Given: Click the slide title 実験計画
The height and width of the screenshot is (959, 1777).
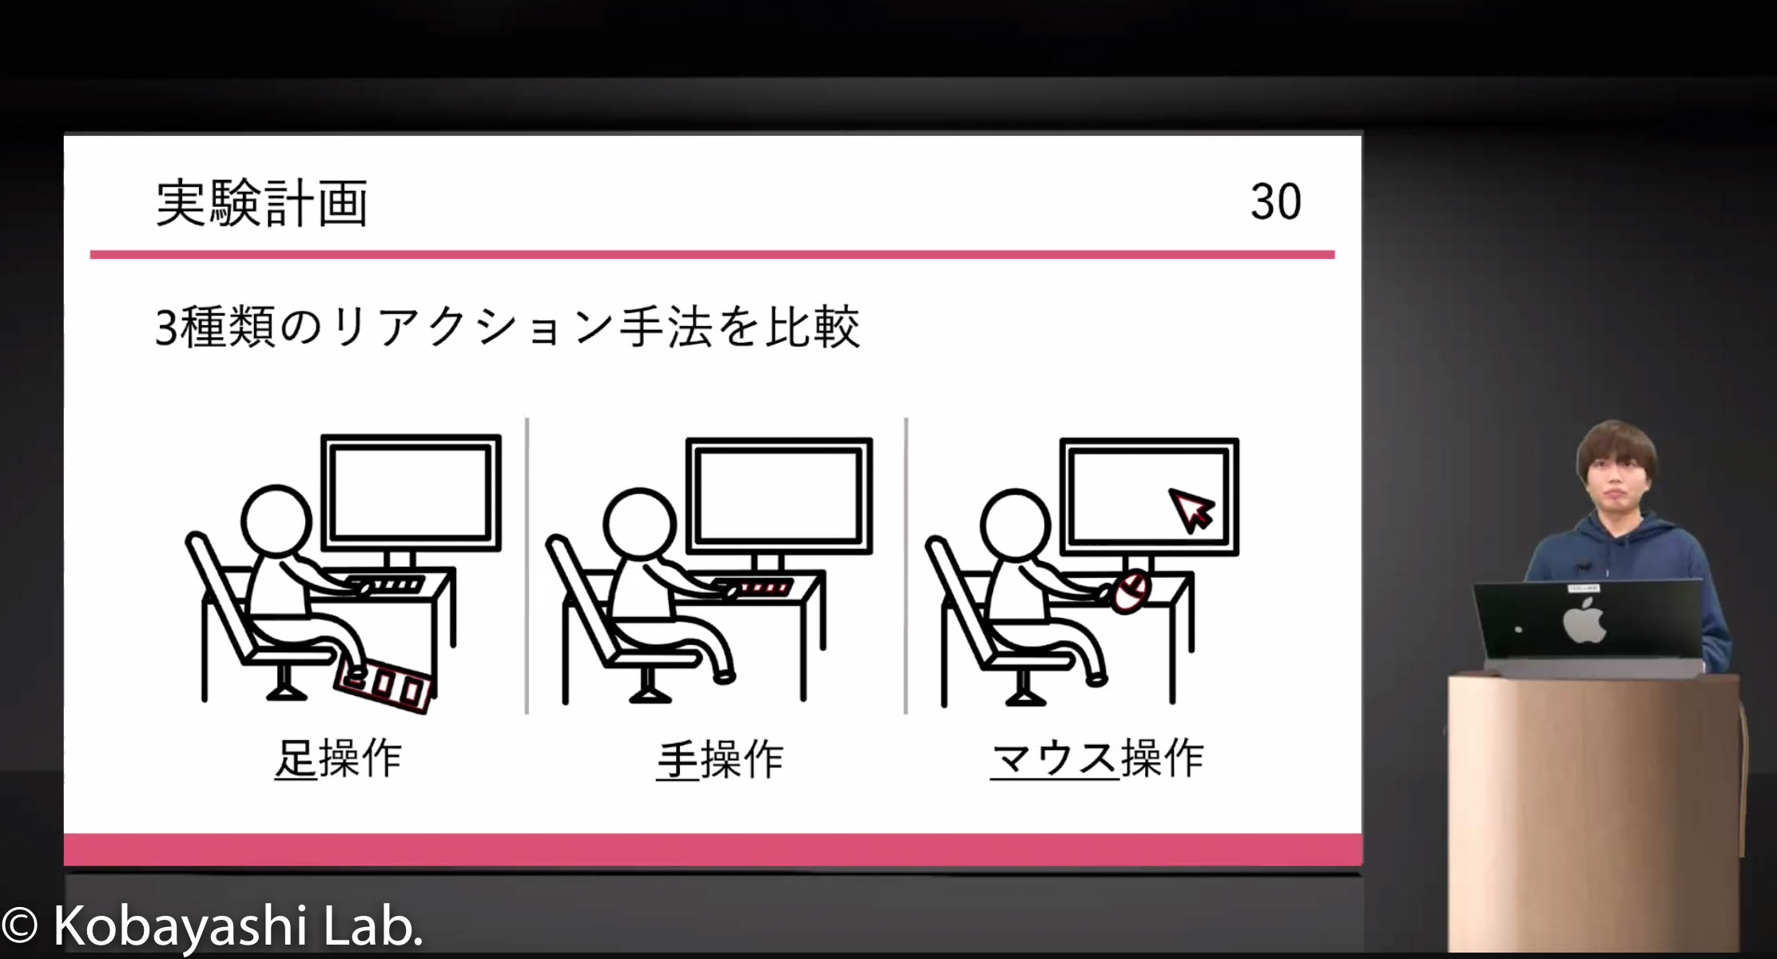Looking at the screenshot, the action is pos(262,203).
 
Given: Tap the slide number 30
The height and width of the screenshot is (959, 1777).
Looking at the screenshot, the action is pos(1276,201).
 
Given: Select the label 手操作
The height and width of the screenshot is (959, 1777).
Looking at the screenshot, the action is pos(720,759).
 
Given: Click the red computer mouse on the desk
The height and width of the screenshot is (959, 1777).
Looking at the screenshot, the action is pos(1131,592).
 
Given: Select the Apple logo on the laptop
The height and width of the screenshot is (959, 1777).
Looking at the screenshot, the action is pos(1584,621).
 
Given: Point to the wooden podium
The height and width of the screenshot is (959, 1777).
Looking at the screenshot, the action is pos(1595,811).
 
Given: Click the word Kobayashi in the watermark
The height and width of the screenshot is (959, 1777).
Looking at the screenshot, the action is pos(181,926).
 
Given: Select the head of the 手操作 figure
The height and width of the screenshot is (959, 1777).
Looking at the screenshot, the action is pos(639,525).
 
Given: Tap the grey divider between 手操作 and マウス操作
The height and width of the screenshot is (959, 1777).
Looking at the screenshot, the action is pos(905,565).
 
